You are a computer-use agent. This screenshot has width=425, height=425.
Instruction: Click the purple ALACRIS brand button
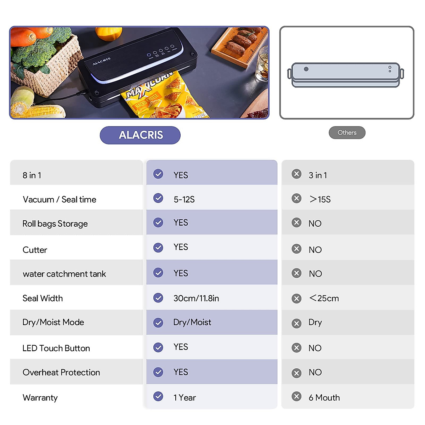point(140,135)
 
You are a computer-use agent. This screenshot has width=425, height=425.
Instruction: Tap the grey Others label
point(347,132)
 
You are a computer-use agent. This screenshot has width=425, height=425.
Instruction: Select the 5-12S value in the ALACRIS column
point(184,199)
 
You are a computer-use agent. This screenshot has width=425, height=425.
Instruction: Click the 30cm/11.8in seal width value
point(196,298)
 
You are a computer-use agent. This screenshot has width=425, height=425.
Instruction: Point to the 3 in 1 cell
point(318,175)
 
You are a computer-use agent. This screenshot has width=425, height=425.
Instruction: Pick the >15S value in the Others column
point(320,199)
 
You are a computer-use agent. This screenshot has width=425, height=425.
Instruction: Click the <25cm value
point(324,298)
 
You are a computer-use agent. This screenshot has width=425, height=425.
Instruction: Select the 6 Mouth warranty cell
point(324,398)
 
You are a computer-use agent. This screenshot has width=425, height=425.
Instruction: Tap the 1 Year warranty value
point(185,398)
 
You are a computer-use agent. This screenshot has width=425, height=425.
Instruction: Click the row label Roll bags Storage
point(55,224)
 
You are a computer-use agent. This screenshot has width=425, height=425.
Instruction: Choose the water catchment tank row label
point(64,274)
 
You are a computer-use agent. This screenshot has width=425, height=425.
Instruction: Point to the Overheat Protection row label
point(61,373)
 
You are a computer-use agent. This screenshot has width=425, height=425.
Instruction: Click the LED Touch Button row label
point(56,348)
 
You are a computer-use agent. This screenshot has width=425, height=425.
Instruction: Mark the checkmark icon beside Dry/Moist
point(158,323)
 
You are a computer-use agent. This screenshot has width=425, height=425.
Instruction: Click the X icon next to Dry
point(296,323)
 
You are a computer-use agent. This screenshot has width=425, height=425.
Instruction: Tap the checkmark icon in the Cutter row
point(158,248)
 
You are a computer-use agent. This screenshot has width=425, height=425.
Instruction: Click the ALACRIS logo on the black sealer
point(102,62)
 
